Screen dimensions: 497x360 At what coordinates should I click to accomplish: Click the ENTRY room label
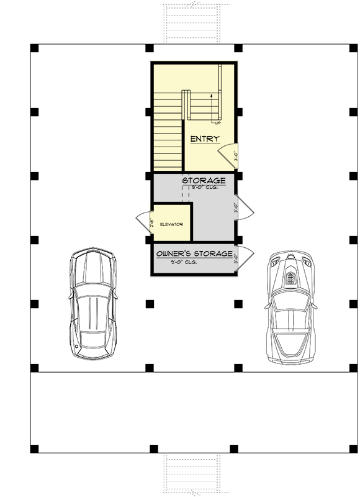coord(204,139)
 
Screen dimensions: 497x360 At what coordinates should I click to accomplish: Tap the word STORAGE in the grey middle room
coord(204,181)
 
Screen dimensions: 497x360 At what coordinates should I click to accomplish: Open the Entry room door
coord(228,155)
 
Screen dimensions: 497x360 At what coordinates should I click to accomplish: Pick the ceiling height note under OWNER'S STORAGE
coord(185,262)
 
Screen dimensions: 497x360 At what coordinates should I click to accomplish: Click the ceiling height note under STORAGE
coord(204,187)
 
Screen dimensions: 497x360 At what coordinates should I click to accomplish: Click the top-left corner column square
coord(34,48)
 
